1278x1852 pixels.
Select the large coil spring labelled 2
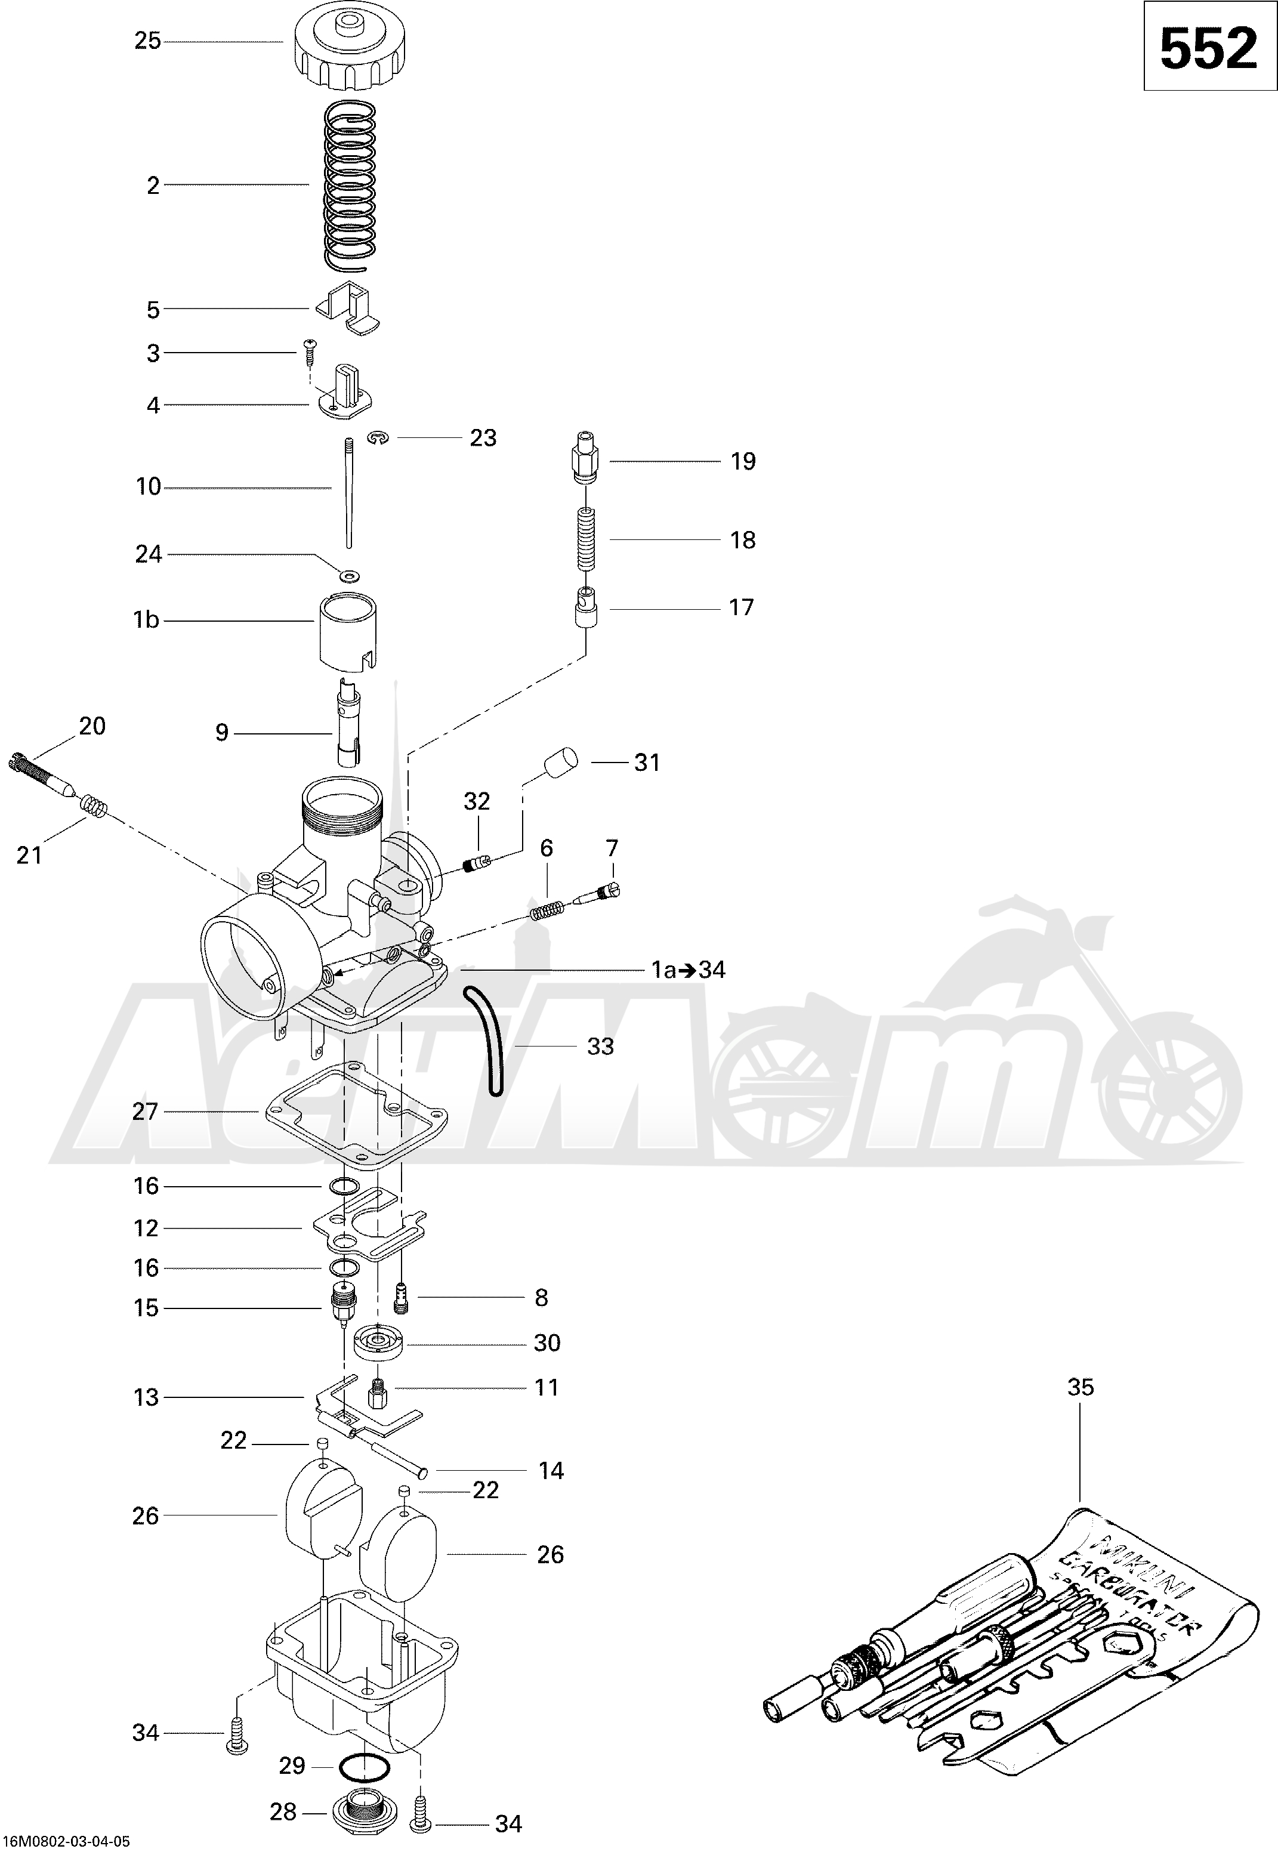349,185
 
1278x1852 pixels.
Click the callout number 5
153,310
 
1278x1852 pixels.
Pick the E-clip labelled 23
379,437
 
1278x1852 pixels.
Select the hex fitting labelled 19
585,459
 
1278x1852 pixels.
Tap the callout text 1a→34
688,970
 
